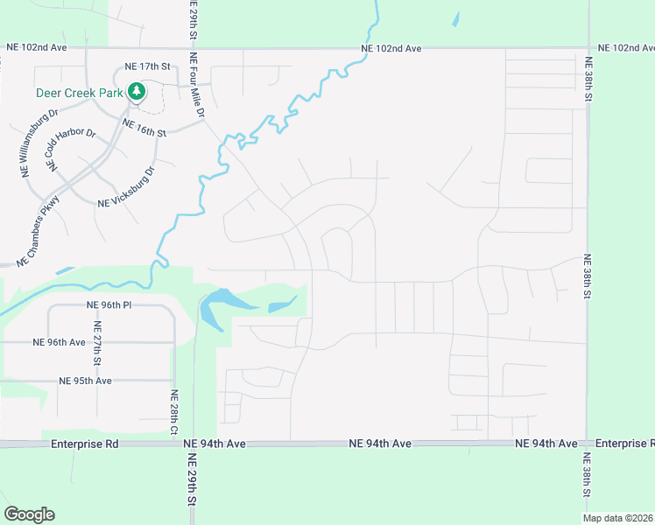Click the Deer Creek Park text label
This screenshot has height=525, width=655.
(x=79, y=92)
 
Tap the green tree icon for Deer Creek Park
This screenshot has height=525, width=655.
(x=136, y=91)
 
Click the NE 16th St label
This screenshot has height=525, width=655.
(x=144, y=129)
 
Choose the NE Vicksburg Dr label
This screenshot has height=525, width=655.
(x=126, y=187)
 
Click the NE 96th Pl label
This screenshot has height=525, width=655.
(x=109, y=304)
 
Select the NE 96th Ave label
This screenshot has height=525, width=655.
(x=59, y=342)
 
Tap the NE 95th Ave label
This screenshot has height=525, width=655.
(x=86, y=381)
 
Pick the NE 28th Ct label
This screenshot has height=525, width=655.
(x=174, y=411)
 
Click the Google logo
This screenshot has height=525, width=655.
(x=29, y=514)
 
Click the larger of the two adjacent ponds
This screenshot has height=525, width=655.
(x=219, y=306)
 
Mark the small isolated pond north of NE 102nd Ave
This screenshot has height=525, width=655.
(x=455, y=17)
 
